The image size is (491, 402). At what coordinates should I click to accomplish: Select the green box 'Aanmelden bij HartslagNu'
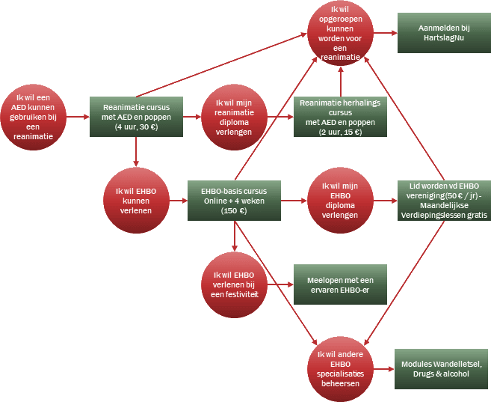tap(439, 33)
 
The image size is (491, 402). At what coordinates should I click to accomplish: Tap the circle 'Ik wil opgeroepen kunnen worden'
tap(340, 34)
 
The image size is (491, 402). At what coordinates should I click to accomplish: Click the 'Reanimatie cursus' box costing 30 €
tap(136, 117)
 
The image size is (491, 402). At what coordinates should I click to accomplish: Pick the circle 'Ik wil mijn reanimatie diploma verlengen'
tap(234, 117)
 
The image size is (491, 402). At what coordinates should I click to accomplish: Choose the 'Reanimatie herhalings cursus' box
tap(340, 117)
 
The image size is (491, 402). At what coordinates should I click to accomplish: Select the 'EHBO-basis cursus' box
tap(234, 200)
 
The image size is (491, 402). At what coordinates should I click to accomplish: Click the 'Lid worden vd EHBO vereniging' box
tap(444, 200)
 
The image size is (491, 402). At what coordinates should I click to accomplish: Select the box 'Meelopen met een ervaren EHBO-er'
tap(340, 284)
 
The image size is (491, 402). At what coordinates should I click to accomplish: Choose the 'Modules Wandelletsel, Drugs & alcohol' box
tap(441, 368)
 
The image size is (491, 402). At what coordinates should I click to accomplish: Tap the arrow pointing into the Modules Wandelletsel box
tap(383, 368)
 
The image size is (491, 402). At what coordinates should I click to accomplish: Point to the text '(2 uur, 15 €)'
tap(340, 132)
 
